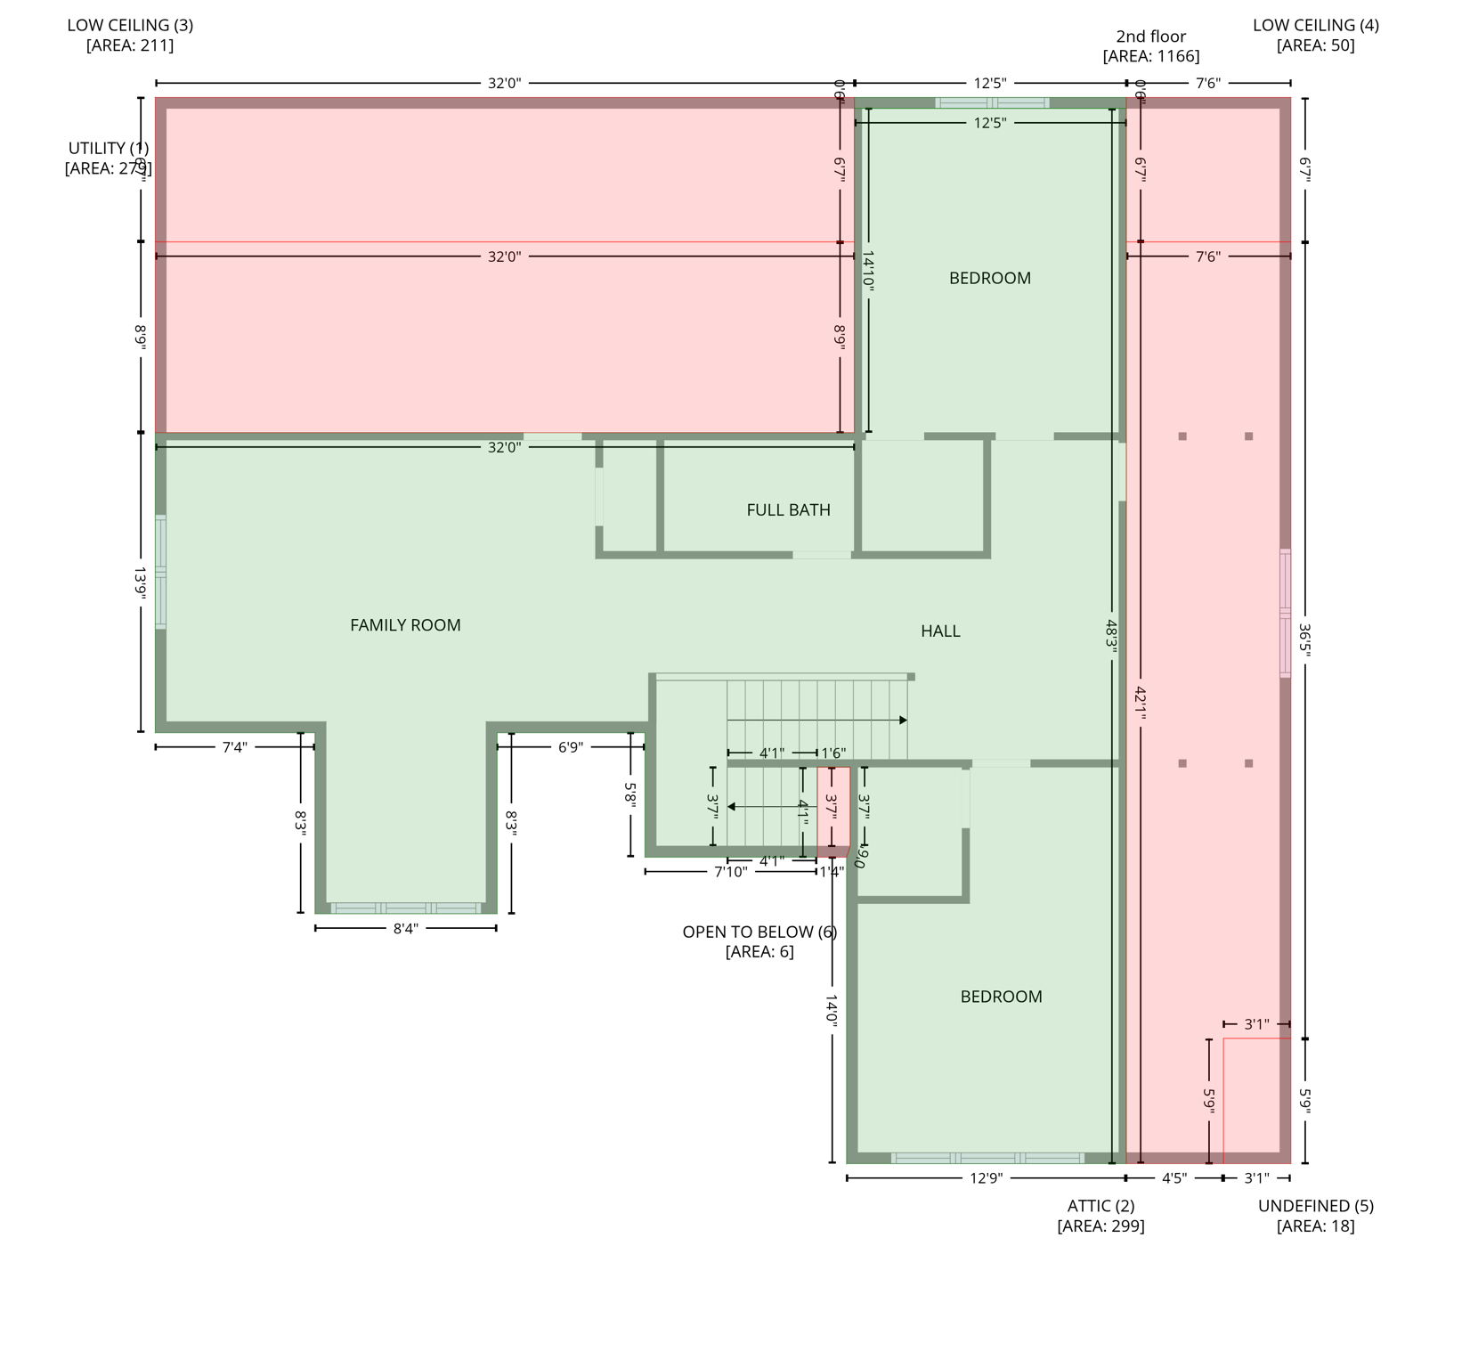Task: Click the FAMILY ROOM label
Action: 405,625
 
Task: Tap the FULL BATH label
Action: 788,510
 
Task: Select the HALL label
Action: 940,631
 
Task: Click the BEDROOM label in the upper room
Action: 989,279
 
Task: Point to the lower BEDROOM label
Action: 1001,997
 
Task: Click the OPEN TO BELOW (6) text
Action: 759,932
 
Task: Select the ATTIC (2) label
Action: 1100,1206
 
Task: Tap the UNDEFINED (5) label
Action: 1315,1206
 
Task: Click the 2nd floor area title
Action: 1150,37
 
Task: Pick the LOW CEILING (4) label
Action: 1315,25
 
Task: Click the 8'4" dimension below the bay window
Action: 405,929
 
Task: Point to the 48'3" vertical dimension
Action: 1111,634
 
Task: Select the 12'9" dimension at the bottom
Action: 986,1178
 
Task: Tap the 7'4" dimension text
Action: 234,747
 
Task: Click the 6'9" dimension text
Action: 570,747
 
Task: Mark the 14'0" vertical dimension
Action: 832,1012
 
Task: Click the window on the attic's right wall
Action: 1285,613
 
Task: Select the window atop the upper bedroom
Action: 992,103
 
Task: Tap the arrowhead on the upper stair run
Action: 903,720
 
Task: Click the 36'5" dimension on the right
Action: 1304,639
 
